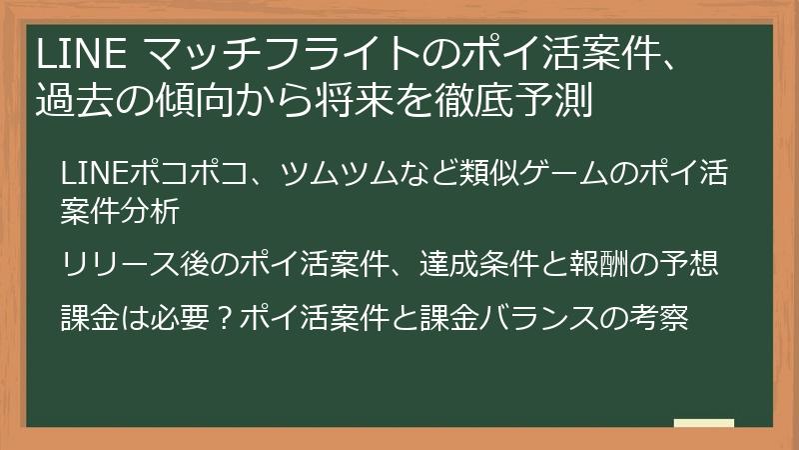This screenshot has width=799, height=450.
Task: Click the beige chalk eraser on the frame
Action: [703, 423]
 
